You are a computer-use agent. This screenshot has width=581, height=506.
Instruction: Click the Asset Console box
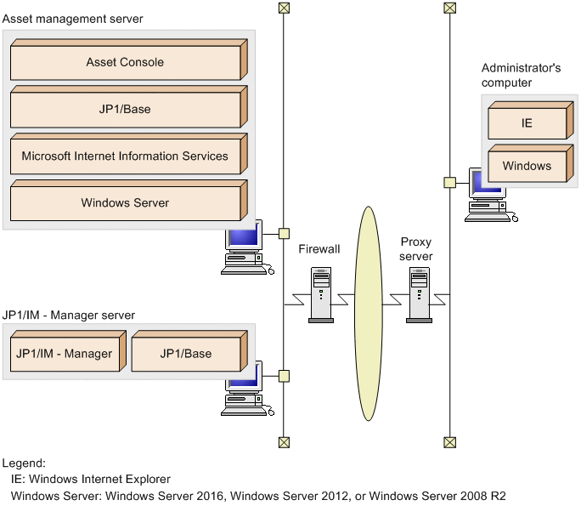point(125,63)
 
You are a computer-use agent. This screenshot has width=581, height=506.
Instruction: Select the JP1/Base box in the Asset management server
point(125,110)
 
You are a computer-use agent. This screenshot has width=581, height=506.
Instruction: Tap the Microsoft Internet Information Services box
point(125,156)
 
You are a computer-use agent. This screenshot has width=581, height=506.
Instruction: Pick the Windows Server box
point(125,203)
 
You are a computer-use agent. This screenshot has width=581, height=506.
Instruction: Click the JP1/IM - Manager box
point(64,354)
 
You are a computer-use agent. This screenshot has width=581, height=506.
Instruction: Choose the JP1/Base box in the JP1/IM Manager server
point(186,354)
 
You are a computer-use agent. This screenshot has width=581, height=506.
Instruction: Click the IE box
point(527,123)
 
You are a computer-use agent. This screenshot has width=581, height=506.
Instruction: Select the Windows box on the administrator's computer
point(527,166)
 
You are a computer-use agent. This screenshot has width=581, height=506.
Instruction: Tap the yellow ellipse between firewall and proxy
point(369,313)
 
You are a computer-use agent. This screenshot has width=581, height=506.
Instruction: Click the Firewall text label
point(319,249)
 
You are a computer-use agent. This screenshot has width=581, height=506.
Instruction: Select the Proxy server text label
point(416,249)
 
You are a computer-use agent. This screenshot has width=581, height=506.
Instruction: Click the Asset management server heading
point(73,19)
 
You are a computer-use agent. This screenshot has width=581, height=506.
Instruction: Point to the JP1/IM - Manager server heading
point(69,316)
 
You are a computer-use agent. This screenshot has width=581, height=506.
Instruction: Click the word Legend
point(24,463)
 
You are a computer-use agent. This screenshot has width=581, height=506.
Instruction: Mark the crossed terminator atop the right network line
point(449,9)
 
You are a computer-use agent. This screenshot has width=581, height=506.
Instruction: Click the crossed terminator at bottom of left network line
point(284,442)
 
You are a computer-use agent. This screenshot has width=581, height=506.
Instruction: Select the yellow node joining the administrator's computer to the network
point(449,182)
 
